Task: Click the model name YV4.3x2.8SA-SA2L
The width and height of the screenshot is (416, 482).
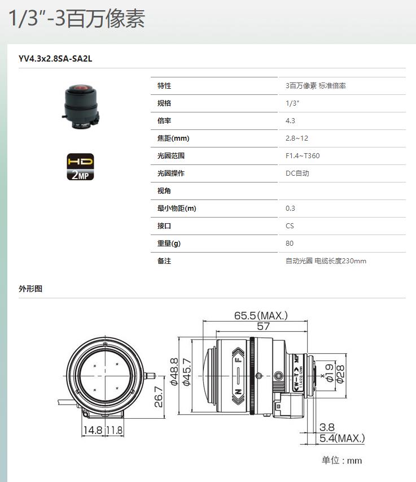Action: click(x=55, y=59)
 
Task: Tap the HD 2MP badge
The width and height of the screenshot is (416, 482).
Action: click(x=80, y=167)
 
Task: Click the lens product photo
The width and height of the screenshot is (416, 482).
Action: click(x=81, y=107)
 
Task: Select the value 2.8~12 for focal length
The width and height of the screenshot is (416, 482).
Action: click(x=296, y=138)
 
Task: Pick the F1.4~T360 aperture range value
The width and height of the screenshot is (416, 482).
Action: click(x=303, y=156)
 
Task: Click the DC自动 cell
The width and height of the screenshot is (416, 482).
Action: click(x=297, y=173)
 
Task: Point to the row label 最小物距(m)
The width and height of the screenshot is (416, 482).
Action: click(x=177, y=209)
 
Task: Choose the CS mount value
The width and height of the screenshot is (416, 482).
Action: click(x=290, y=226)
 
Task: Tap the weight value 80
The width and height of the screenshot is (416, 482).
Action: click(x=290, y=244)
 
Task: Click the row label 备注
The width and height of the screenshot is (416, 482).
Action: click(x=164, y=261)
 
